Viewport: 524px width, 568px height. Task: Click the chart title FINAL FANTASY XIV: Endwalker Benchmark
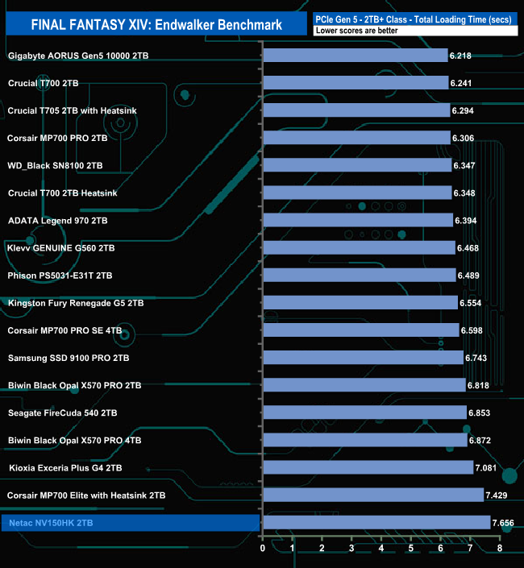[x=156, y=25]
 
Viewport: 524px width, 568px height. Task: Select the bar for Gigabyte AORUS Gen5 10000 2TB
[x=355, y=56]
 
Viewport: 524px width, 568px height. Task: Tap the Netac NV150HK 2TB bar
[x=376, y=522]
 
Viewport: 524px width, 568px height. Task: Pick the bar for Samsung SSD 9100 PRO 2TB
[x=363, y=357]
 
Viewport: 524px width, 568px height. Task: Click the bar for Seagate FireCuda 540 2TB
[x=364, y=413]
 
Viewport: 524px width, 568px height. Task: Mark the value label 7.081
[x=485, y=467]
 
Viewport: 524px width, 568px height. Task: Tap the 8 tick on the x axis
[x=500, y=548]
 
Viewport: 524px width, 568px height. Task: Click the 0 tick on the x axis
[x=263, y=548]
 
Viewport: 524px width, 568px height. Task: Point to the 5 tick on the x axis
[x=411, y=548]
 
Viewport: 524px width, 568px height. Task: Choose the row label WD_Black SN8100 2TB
[x=55, y=165]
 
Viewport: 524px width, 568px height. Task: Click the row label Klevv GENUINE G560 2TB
[x=61, y=248]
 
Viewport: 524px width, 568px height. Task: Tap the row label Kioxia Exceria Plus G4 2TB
[x=65, y=467]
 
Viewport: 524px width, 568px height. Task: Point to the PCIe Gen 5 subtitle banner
[x=414, y=16]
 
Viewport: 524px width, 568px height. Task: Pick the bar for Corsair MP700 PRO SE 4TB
[x=361, y=330]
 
